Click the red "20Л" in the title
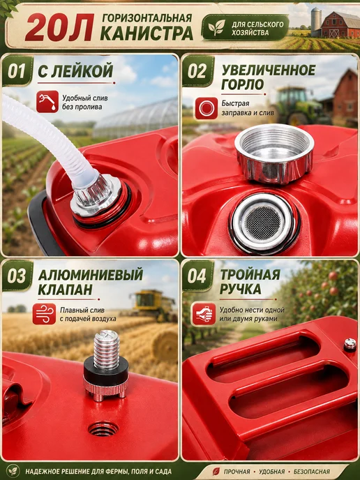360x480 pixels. [x=59, y=27]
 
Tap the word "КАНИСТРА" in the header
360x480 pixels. [x=147, y=33]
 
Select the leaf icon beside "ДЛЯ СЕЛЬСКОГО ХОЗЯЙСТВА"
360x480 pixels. [x=216, y=27]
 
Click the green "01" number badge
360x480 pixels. [x=17, y=70]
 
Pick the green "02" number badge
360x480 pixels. [x=197, y=70]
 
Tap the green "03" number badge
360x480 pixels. [x=17, y=276]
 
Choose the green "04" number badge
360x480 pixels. [x=197, y=276]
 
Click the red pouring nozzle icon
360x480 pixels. [x=47, y=102]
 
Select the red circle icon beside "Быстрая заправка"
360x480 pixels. [x=207, y=108]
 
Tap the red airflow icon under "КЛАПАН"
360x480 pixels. [x=45, y=314]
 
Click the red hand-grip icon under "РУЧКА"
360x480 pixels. [x=204, y=315]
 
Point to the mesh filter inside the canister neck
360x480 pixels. [x=263, y=220]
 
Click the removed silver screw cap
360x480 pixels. [x=274, y=153]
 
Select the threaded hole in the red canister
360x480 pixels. [x=103, y=428]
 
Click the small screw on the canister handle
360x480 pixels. [x=350, y=345]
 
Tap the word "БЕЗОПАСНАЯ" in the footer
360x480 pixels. [x=311, y=472]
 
